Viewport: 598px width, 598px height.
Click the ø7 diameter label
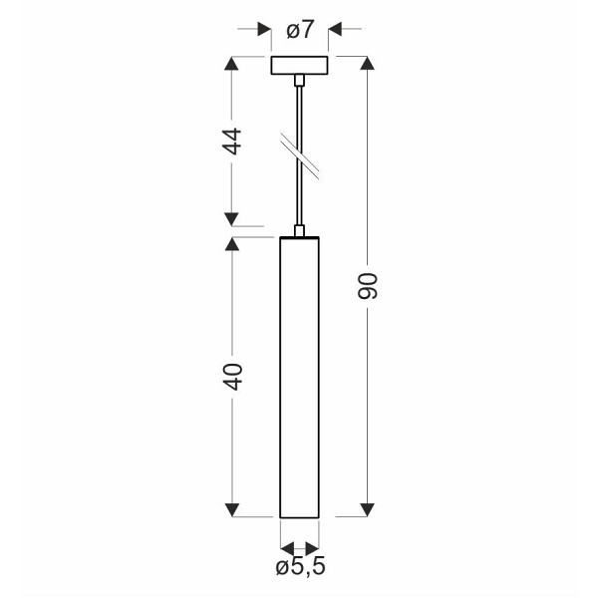(300, 30)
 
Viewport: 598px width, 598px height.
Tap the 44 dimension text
(232, 141)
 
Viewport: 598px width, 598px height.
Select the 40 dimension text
(232, 376)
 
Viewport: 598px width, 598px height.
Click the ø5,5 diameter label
(300, 568)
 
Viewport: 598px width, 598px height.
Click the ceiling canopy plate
(300, 66)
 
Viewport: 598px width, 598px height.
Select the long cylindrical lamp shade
(300, 379)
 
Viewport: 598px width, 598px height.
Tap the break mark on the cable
(302, 155)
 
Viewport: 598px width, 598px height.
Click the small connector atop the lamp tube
(300, 231)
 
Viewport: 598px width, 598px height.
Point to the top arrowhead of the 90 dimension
(367, 64)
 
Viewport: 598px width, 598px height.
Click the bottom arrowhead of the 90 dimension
(367, 510)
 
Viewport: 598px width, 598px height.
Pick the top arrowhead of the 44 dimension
(232, 64)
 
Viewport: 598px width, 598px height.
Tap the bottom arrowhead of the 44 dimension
(232, 217)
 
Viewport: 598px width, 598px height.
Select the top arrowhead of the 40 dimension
(232, 244)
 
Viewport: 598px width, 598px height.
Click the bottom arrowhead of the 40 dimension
(232, 510)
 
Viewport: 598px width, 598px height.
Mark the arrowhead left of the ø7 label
(264, 30)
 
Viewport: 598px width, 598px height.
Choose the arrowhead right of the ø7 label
(337, 30)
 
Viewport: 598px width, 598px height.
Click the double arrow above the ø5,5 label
(300, 547)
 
